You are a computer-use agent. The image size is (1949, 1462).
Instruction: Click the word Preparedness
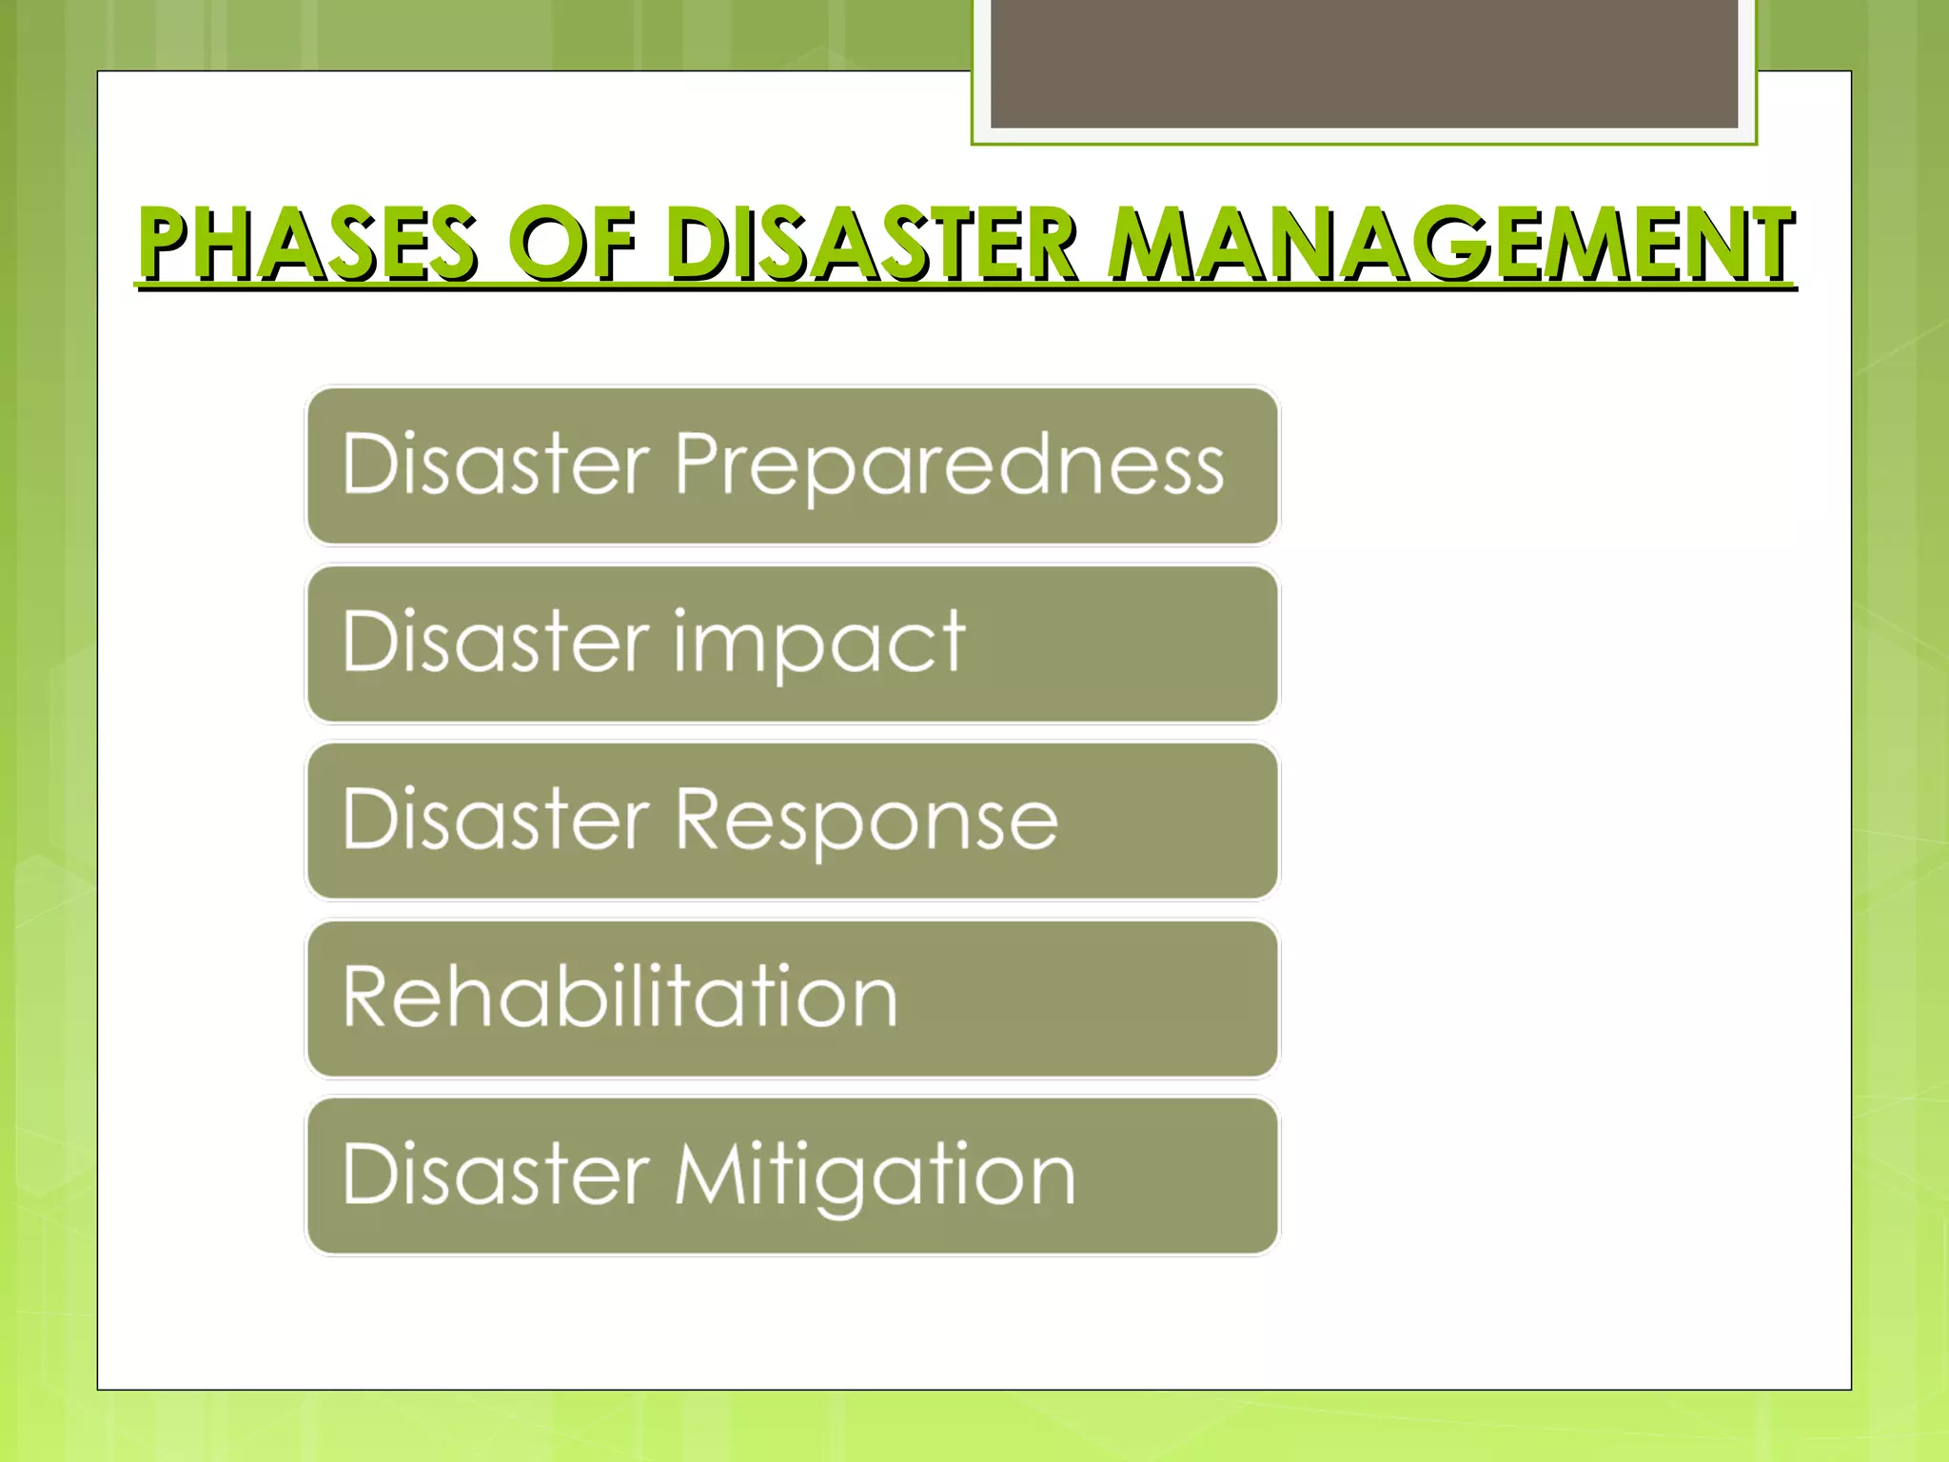[x=950, y=465]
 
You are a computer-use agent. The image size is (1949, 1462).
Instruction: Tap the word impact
[x=820, y=643]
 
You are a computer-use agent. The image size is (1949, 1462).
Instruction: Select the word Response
[x=866, y=820]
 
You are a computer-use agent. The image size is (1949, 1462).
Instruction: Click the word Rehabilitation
[x=620, y=997]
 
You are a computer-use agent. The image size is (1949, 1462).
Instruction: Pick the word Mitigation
[x=875, y=1176]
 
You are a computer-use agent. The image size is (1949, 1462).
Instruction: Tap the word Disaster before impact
[x=496, y=642]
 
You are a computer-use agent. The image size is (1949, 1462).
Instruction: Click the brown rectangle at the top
[x=1364, y=63]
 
